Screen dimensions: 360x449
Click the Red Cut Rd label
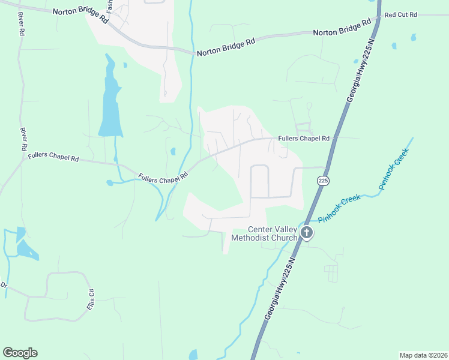(x=400, y=14)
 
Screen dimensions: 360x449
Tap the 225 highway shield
(x=324, y=181)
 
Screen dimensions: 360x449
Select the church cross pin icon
(x=306, y=233)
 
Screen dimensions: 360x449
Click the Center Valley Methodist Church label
(x=273, y=233)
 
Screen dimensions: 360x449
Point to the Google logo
(x=20, y=353)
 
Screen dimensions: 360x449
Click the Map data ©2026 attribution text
(x=423, y=355)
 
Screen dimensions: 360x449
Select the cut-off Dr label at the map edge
(x=3, y=284)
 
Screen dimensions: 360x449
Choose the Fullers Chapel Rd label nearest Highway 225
(x=304, y=138)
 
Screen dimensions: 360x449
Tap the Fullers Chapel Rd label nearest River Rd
(x=53, y=158)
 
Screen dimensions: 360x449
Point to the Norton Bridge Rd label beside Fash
(x=80, y=15)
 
